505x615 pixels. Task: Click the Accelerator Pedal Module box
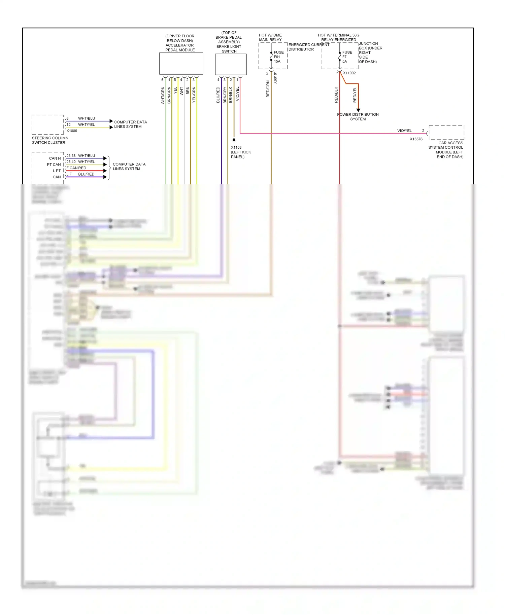(181, 63)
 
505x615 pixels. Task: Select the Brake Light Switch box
(231, 64)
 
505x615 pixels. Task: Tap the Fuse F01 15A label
(278, 57)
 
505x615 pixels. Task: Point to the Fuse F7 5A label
(347, 57)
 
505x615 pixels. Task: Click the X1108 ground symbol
(234, 140)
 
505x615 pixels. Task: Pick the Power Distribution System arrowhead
(358, 110)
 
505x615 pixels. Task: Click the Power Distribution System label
(358, 117)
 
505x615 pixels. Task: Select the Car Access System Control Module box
(446, 133)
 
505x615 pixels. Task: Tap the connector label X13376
(416, 139)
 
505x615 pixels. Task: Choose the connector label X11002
(349, 73)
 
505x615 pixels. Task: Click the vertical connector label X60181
(275, 77)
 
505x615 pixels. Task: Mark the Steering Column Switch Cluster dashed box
(48, 124)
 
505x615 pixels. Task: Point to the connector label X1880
(72, 131)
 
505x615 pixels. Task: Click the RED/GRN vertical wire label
(268, 89)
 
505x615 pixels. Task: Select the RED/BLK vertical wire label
(336, 95)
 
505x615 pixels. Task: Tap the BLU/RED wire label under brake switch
(218, 95)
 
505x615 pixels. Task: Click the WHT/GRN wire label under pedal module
(163, 95)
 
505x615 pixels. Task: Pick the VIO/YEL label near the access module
(404, 131)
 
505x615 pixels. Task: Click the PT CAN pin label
(54, 165)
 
